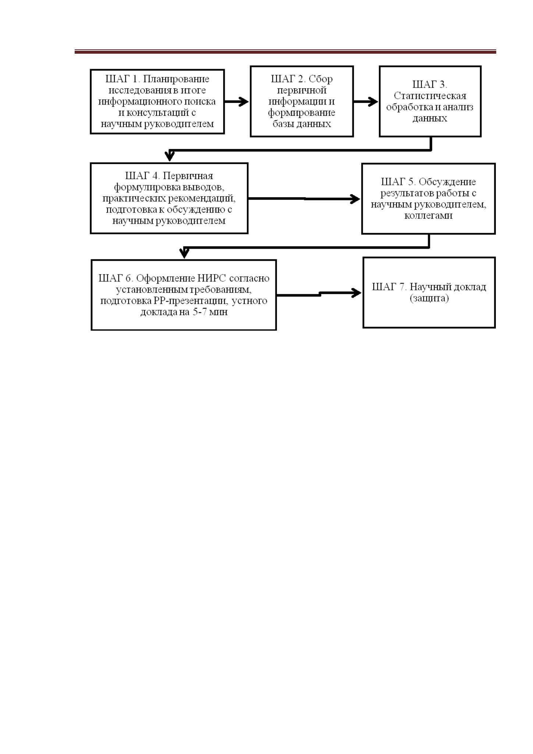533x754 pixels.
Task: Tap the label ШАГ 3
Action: coord(430,85)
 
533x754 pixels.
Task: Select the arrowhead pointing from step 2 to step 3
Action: coord(373,102)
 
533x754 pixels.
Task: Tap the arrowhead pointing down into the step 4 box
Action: coord(170,156)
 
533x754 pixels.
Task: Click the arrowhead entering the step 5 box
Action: coord(355,199)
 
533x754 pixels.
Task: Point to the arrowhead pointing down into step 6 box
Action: coord(184,253)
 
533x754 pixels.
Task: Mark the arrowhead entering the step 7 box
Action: coord(356,293)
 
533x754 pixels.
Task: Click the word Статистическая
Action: coord(430,96)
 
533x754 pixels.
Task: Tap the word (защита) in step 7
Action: coord(429,298)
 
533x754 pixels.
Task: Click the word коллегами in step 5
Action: coord(429,216)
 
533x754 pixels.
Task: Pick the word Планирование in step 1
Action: coord(176,79)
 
